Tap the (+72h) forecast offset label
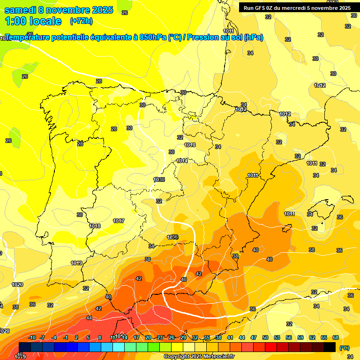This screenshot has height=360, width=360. tap(81, 21)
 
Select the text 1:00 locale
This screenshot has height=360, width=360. tap(33, 21)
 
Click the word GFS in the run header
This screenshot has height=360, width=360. tap(261, 7)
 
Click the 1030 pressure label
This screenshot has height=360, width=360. tap(159, 180)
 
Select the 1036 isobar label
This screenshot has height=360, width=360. tap(172, 237)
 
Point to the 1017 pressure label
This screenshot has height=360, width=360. tap(119, 221)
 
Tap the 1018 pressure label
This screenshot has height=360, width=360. tap(95, 226)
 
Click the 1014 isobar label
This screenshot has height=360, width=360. tap(182, 161)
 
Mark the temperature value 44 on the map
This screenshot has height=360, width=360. tap(89, 318)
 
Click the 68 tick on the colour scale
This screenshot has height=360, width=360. tap(336, 337)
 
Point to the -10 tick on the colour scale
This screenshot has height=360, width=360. tap(32, 337)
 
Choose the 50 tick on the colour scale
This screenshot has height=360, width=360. tap(265, 337)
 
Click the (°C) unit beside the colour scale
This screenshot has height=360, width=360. tap(345, 347)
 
